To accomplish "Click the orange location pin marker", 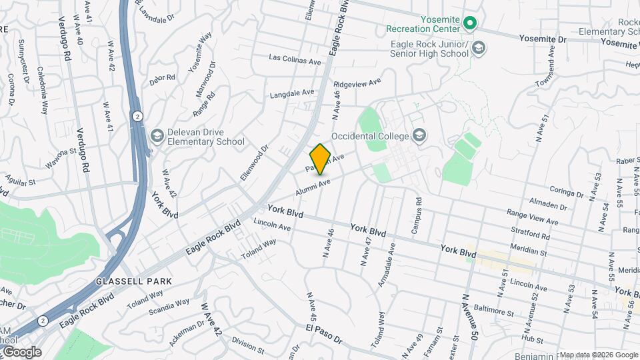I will (321, 159).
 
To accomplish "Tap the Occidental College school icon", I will (419, 136).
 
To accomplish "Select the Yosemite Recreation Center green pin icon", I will (470, 24).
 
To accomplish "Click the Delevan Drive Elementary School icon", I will (157, 136).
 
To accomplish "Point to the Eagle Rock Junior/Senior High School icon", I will (479, 48).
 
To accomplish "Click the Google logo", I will (21, 352).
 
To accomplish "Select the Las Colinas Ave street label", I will (295, 60).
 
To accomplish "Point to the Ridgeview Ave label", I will (357, 85).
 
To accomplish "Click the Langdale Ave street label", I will (291, 95).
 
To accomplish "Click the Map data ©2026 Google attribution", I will (598, 355).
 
